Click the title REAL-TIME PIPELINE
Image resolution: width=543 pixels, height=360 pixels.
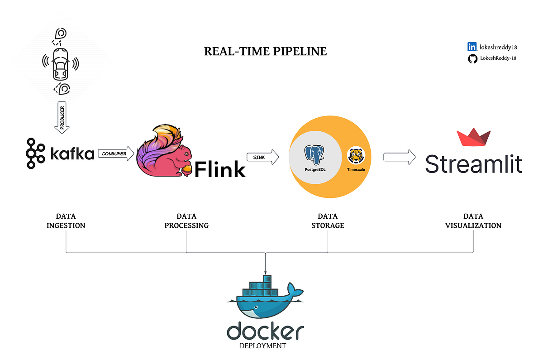(265, 51)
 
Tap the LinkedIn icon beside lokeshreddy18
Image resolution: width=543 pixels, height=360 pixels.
(472, 47)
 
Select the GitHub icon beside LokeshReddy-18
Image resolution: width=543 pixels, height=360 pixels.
(472, 58)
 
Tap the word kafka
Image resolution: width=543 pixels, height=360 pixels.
(72, 154)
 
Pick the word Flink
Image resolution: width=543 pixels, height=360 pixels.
(220, 169)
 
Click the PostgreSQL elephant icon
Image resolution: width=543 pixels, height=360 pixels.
(315, 155)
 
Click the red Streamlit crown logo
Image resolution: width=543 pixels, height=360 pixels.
(473, 139)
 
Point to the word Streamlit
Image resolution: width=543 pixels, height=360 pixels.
(473, 164)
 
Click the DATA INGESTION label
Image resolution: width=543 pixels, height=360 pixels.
(66, 221)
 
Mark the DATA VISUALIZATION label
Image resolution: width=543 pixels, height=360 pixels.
(473, 221)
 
